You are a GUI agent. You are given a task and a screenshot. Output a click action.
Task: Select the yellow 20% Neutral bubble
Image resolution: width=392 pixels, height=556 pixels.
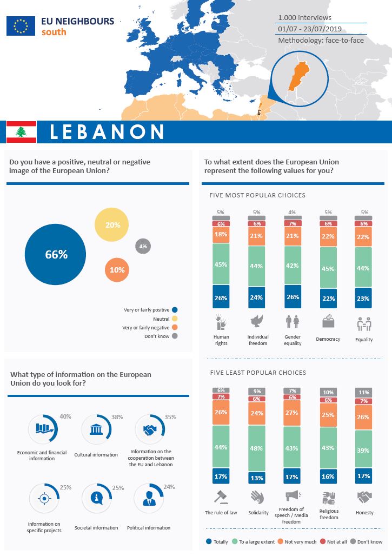coord(112,224)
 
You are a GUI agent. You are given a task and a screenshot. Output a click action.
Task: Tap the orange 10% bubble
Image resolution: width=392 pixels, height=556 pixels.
coord(117,269)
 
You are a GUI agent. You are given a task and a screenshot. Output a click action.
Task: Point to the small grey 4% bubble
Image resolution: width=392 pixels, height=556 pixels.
coord(143,246)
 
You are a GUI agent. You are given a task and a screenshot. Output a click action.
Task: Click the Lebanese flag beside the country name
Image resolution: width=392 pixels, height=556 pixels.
coord(21,132)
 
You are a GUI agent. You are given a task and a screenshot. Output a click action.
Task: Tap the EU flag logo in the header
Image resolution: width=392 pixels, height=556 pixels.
coord(21,25)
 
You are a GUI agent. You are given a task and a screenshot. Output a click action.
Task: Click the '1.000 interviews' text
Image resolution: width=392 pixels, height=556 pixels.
coord(305,17)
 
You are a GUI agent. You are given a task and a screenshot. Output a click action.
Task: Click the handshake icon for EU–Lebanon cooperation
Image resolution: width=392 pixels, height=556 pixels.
coord(150,430)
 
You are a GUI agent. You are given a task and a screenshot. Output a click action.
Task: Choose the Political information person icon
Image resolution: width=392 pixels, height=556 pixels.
coord(149,498)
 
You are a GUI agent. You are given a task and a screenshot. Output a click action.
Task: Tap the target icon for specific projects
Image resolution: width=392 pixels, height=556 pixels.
coord(43,498)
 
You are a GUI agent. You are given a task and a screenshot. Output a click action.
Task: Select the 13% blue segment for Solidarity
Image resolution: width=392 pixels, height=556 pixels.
coord(256,478)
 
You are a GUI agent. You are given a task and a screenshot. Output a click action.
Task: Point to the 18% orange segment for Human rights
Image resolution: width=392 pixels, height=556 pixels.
coord(221,234)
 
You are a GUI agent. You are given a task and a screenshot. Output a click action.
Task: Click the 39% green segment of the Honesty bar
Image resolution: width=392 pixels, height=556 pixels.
coord(363,448)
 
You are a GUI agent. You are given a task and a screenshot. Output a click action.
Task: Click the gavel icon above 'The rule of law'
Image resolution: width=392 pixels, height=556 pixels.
coord(221,497)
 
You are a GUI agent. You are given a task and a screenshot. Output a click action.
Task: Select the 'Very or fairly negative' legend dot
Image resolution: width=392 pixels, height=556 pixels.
coord(174,328)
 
